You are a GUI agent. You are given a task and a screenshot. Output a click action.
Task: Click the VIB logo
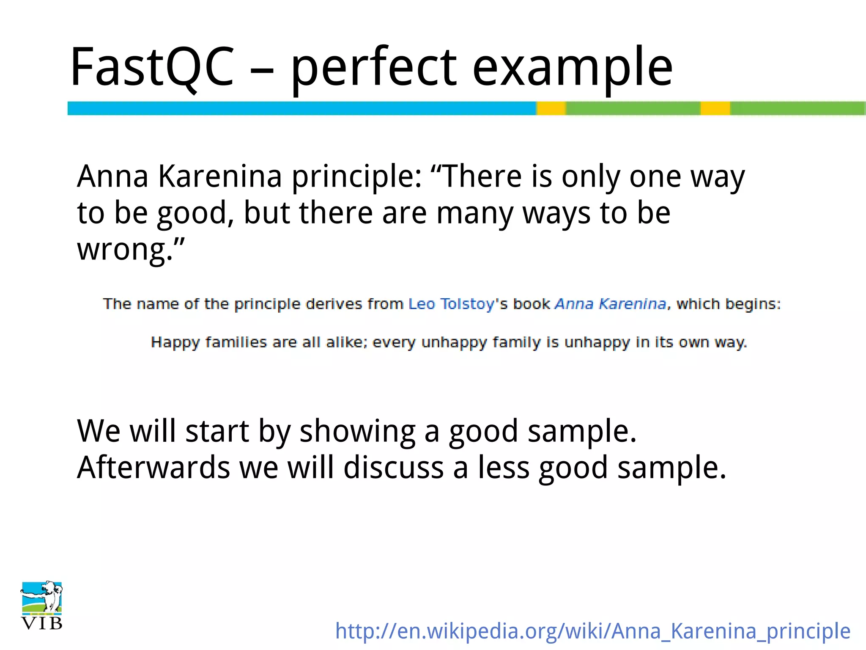coord(41,605)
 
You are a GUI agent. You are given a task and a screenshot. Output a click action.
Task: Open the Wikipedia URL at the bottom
coord(592,631)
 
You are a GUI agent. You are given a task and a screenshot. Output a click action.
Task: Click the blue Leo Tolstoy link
coord(451,304)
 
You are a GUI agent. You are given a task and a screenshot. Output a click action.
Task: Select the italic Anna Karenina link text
coord(610,304)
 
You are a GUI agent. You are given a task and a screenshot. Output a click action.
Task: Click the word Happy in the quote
coord(175,342)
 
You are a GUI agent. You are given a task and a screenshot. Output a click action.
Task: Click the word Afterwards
coord(153,468)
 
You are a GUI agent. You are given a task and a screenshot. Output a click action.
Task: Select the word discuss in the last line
coord(393,468)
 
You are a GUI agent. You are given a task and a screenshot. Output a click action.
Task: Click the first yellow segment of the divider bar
coord(551,108)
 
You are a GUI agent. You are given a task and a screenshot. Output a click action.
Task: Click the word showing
coord(357,432)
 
